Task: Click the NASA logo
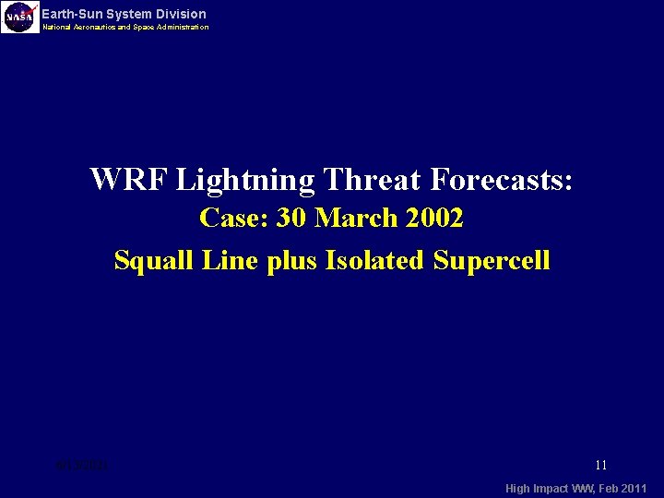coord(20,18)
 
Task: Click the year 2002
coord(437,219)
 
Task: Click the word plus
coord(290,262)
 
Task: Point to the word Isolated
coord(372,260)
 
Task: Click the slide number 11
coord(600,466)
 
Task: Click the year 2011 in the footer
coord(634,488)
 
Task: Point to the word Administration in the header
coord(184,28)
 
